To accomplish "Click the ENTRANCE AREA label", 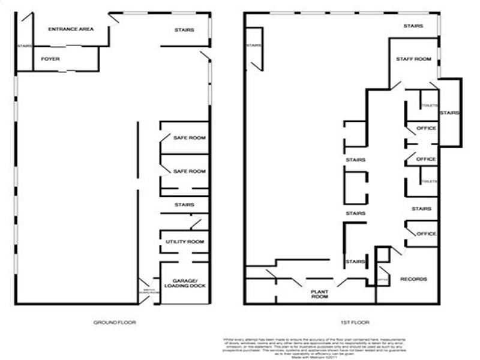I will click(71, 29).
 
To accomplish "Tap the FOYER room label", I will click(49, 59).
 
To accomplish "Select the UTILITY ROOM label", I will click(185, 241).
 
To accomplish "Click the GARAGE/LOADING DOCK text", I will click(189, 283).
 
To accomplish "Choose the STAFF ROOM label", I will click(414, 59).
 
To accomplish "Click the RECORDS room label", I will click(413, 280).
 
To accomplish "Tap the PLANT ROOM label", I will click(319, 293).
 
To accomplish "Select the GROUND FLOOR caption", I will click(114, 322).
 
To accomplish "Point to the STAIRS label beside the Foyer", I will click(24, 46).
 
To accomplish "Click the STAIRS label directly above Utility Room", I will click(184, 205).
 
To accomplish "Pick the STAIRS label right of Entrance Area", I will click(184, 30).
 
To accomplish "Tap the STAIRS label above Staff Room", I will click(413, 26).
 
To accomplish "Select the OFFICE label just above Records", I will click(426, 233).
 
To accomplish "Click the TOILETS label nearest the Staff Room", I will click(428, 106).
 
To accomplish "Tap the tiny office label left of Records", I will click(383, 280).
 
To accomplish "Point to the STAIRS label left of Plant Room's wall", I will click(356, 262).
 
